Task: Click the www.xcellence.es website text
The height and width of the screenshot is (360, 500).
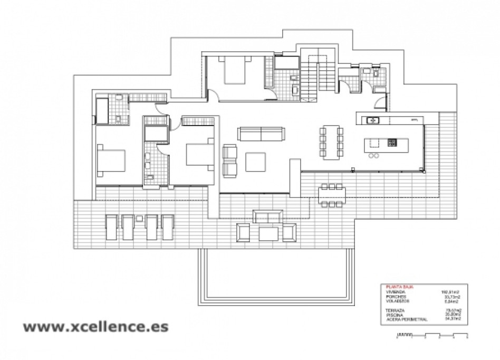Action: (x=95, y=326)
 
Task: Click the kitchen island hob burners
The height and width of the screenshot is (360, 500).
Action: (x=392, y=143)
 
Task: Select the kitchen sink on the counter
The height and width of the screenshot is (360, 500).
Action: (x=373, y=120)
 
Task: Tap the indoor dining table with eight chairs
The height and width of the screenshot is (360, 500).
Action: (x=331, y=142)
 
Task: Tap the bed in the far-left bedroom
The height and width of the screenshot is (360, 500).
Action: (x=111, y=162)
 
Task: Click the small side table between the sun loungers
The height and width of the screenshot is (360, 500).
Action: (x=140, y=218)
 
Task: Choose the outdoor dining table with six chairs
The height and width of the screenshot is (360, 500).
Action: (x=331, y=194)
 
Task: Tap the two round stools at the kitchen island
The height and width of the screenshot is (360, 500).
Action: (x=375, y=155)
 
